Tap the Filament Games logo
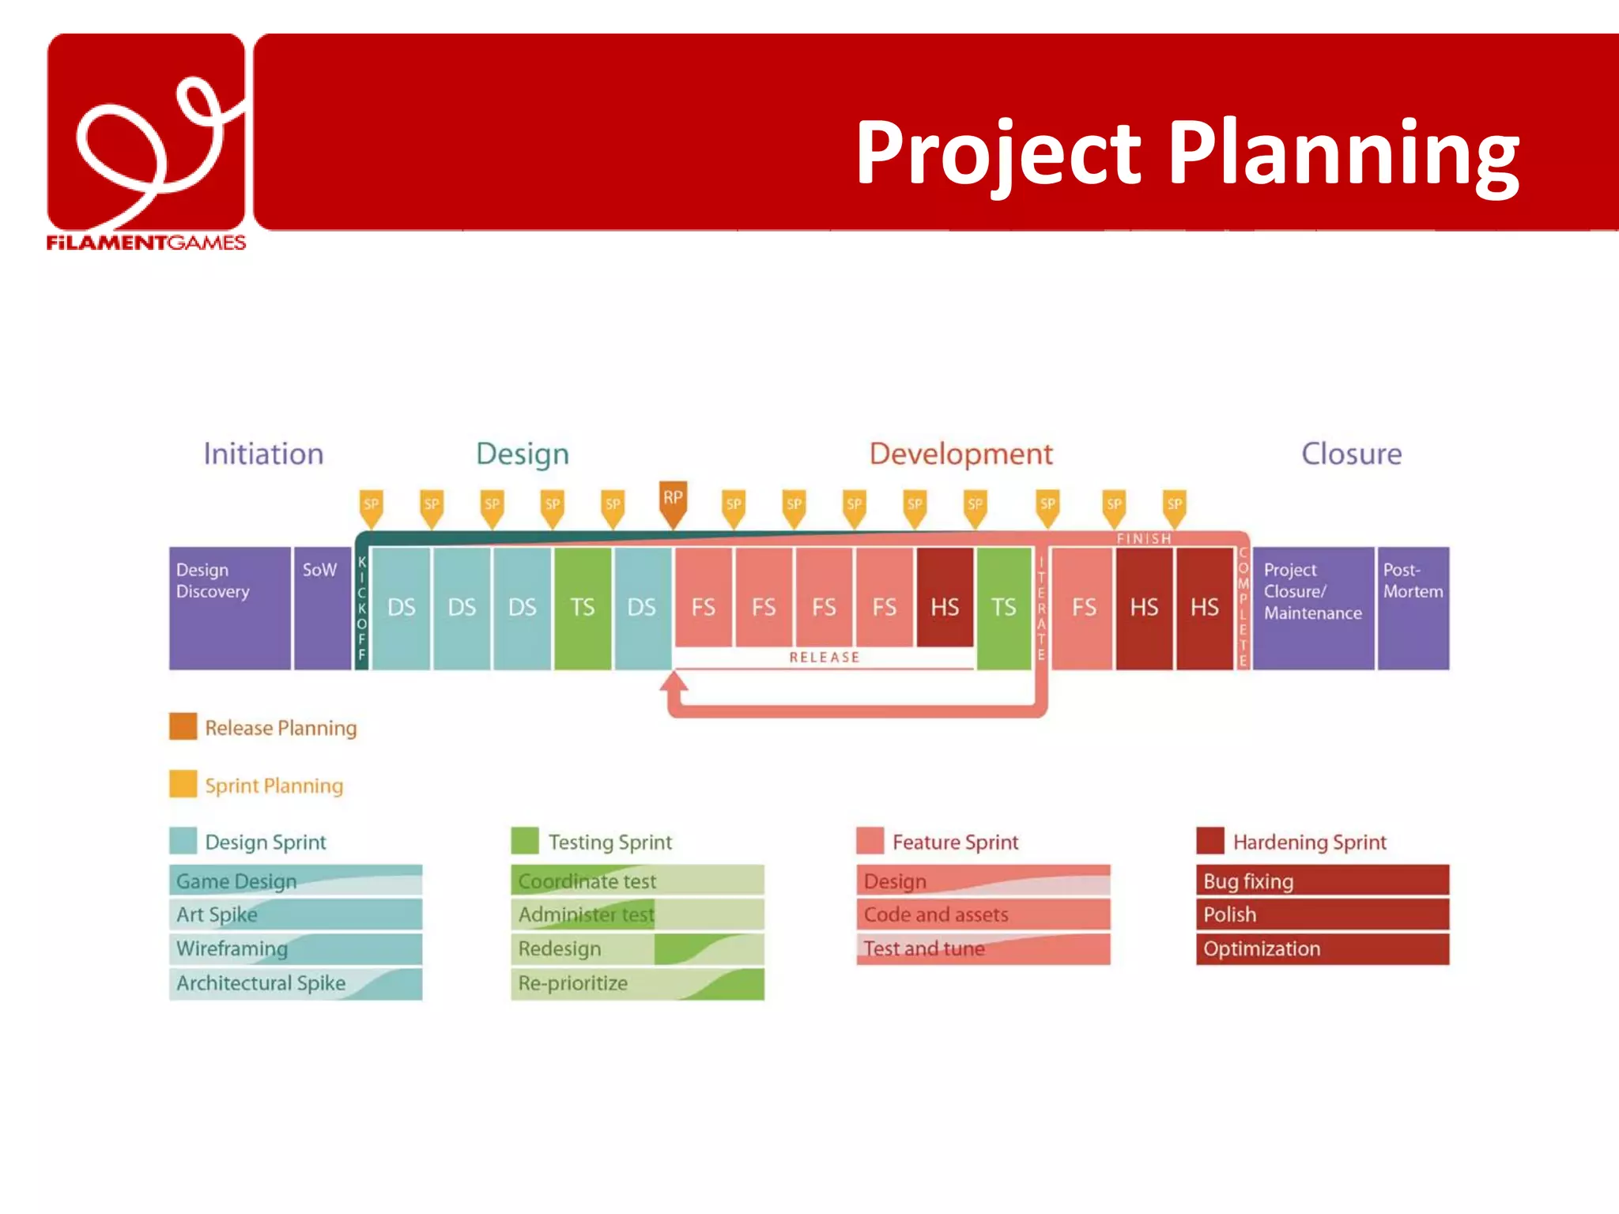[146, 142]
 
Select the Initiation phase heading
[263, 454]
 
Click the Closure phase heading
[1351, 454]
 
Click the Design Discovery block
[229, 608]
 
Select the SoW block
[322, 608]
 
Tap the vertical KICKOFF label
[362, 608]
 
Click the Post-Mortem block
[1413, 608]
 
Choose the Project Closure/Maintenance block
[1312, 608]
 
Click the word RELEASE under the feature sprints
[824, 658]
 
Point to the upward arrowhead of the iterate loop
[674, 681]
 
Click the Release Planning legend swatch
[183, 726]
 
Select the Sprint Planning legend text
[274, 786]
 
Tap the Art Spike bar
[295, 914]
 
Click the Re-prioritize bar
[637, 983]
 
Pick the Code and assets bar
[983, 914]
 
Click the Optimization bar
[1322, 948]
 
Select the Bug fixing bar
[1322, 880]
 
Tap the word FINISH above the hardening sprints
[1144, 539]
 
